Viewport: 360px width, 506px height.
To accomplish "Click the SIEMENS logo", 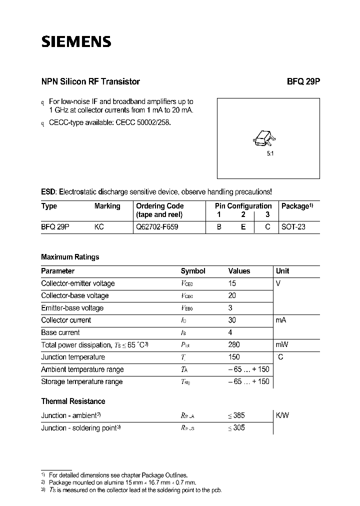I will click(75, 42).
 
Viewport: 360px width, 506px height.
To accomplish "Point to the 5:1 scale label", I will click(270, 154).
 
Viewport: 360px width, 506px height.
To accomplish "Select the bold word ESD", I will click(48, 192).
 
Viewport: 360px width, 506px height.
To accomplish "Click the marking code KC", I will click(99, 226).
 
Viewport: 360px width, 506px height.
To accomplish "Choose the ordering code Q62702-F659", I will click(157, 226).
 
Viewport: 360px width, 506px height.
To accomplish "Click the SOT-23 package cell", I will click(293, 226).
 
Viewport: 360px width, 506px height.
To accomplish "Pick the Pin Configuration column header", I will click(243, 206).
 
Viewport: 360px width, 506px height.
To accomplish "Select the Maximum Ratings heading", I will click(70, 257).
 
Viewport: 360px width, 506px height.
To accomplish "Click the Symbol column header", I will click(193, 271).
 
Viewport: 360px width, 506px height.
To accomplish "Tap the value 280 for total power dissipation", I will click(234, 344).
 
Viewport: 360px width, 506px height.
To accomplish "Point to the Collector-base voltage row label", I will click(74, 295).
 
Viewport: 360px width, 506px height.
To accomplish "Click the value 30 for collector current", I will click(232, 320).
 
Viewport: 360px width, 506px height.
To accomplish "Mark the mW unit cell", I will click(282, 344).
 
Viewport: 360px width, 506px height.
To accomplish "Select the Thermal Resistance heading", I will click(73, 401).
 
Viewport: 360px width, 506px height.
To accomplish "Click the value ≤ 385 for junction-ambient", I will click(236, 415).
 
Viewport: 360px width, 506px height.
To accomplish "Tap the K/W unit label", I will click(282, 415).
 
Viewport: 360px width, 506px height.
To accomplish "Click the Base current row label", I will click(60, 332).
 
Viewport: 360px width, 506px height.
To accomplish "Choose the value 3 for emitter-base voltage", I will click(230, 308).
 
